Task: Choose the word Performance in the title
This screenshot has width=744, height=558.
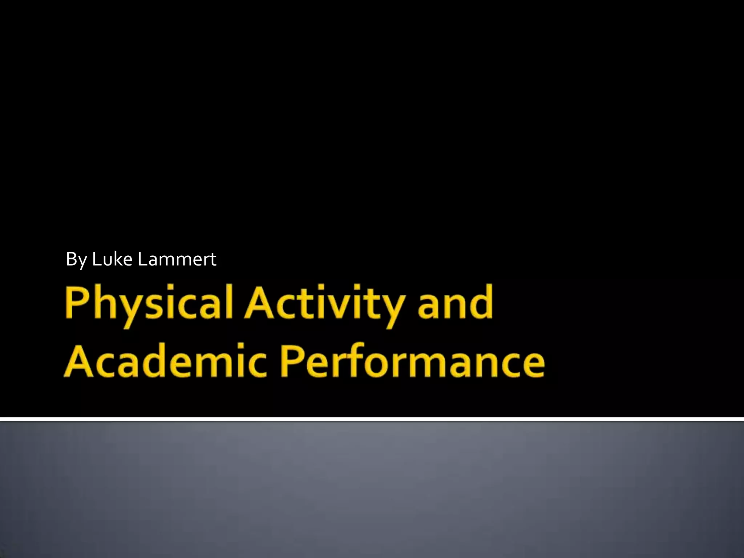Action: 413,361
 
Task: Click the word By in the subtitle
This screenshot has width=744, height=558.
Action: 76,259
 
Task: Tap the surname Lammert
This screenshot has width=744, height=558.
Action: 177,259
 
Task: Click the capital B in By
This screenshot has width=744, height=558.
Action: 71,259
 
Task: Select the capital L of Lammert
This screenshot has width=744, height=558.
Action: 142,259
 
